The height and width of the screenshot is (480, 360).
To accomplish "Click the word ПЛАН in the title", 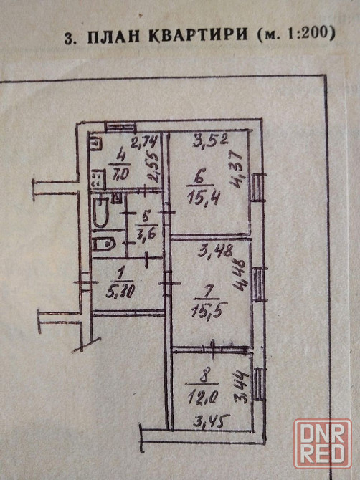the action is [x=115, y=35].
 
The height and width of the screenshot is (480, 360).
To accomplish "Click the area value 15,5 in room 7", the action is [x=209, y=312].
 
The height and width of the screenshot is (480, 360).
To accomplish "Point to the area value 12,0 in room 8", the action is [x=203, y=398].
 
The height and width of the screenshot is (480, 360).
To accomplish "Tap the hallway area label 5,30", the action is [x=120, y=293].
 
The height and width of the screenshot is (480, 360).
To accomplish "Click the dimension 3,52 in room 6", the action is [x=211, y=140].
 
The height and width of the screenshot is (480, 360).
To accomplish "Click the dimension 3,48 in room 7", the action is [x=215, y=252].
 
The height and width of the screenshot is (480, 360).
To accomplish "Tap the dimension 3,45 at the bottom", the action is [x=212, y=423].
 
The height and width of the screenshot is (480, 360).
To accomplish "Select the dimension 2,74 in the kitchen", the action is [x=145, y=141].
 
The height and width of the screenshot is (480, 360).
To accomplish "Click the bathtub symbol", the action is [x=100, y=212].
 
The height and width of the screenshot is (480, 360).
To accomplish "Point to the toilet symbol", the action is [x=103, y=244].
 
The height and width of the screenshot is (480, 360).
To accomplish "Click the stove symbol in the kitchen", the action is [x=98, y=178].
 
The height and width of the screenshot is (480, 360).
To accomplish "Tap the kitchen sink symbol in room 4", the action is [x=95, y=143].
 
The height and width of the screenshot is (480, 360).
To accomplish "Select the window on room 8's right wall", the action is [x=259, y=384].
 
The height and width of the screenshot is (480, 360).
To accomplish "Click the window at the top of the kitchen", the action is [x=120, y=127].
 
